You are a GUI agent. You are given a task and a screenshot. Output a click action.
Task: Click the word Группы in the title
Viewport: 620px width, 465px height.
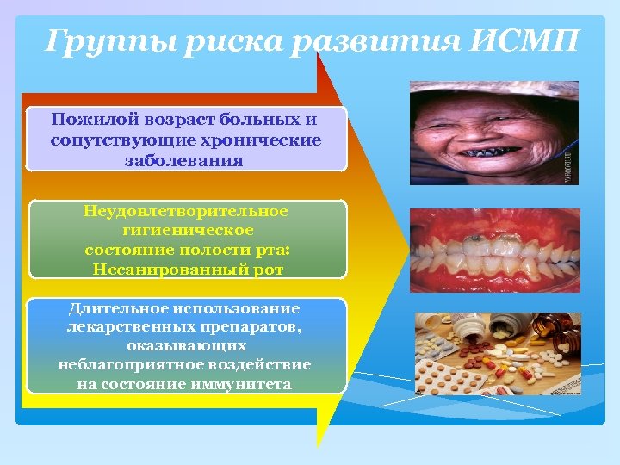(94, 41)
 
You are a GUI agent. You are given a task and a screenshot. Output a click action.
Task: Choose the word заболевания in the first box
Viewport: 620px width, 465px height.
(186, 159)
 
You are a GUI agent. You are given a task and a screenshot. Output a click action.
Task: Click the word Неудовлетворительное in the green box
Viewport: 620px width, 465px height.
(186, 211)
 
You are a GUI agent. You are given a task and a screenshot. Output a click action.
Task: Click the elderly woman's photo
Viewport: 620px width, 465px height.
(493, 133)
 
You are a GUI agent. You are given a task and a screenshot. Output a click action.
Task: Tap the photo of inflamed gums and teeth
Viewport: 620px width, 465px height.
(494, 250)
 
